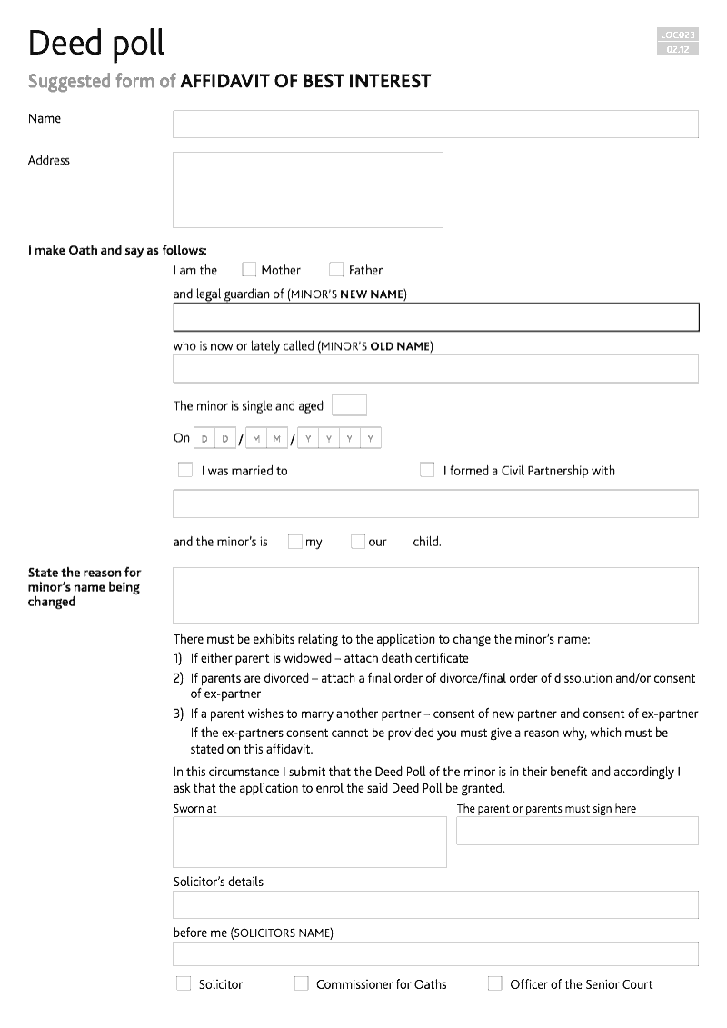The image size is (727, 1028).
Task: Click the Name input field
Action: point(435,125)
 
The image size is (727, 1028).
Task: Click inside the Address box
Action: point(307,190)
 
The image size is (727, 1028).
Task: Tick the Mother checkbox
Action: point(249,269)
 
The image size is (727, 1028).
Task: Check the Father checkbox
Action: point(336,269)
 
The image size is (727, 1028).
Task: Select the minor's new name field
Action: point(435,317)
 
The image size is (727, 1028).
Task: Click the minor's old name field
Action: point(435,368)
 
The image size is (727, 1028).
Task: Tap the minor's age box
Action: point(349,405)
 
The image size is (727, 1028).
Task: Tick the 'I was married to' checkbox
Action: point(185,470)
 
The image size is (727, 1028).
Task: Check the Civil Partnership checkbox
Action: point(427,470)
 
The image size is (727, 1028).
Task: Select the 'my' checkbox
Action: point(294,542)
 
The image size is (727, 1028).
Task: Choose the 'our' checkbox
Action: point(357,542)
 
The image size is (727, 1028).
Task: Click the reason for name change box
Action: point(435,595)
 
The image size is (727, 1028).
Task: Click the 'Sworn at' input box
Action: point(309,842)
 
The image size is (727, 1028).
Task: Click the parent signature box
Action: point(577,831)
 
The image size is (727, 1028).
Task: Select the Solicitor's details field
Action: point(435,904)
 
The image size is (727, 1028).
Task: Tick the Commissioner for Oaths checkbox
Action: point(302,983)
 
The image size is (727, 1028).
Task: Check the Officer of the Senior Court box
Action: point(495,983)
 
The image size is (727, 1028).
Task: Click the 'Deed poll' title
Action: point(96,43)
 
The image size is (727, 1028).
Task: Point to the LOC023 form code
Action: point(677,35)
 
